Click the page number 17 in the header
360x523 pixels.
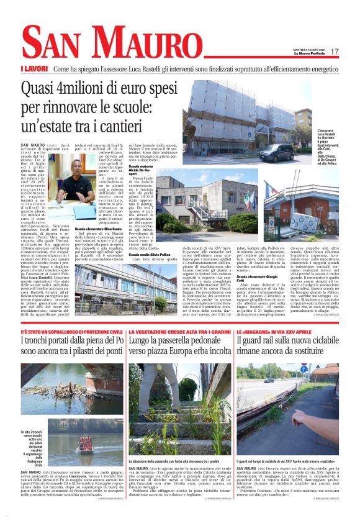(x=334, y=52)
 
